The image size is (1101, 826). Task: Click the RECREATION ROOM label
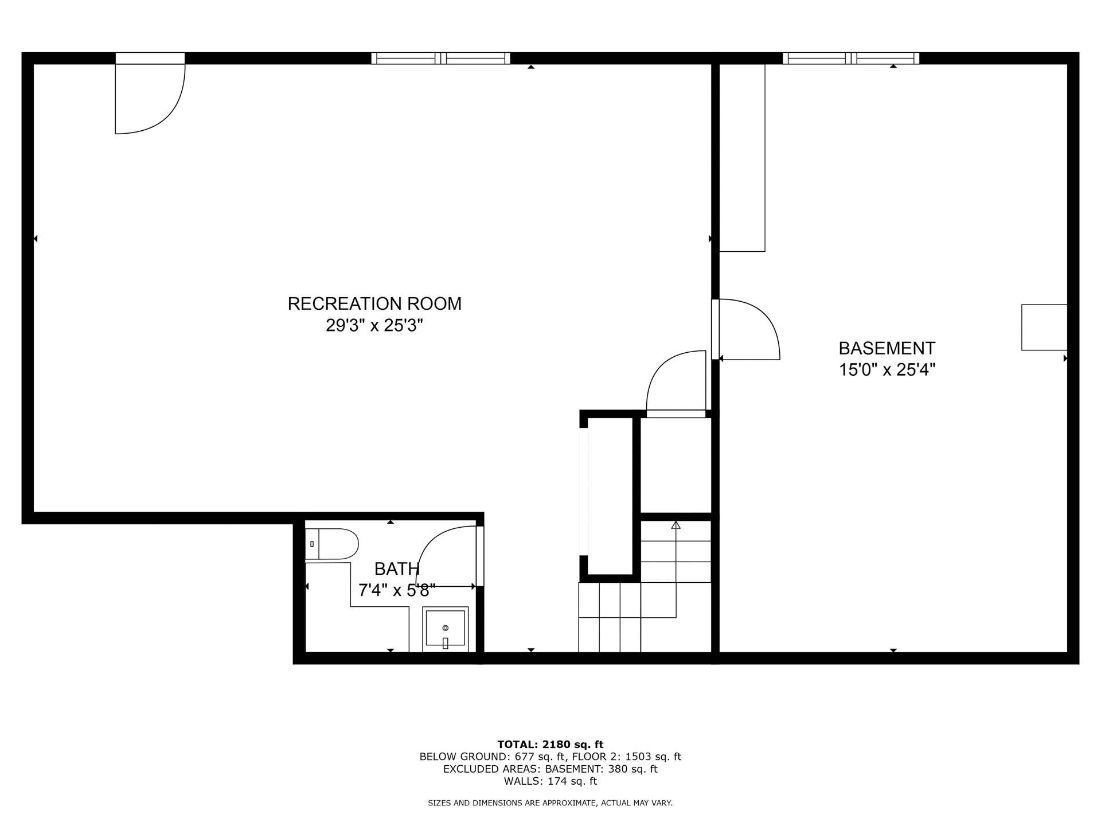pyautogui.click(x=374, y=303)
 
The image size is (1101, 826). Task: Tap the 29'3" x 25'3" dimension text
pyautogui.click(x=374, y=326)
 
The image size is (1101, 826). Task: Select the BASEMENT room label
pyautogui.click(x=887, y=348)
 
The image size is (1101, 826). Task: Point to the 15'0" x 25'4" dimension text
pyautogui.click(x=887, y=370)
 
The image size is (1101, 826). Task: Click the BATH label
pyautogui.click(x=397, y=569)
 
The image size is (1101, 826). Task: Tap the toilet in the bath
pyautogui.click(x=333, y=544)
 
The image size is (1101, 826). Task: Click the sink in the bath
pyautogui.click(x=446, y=629)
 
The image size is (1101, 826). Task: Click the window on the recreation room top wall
pyautogui.click(x=440, y=58)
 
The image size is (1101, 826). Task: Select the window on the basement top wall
pyautogui.click(x=851, y=58)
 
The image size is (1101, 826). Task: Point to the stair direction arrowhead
pyautogui.click(x=676, y=524)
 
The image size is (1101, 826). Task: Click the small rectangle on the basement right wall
pyautogui.click(x=1044, y=327)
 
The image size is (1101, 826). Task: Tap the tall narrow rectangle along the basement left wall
pyautogui.click(x=742, y=158)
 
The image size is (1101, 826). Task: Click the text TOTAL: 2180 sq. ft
pyautogui.click(x=550, y=745)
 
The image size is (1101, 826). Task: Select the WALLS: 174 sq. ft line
pyautogui.click(x=550, y=781)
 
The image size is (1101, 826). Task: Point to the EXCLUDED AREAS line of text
pyautogui.click(x=550, y=769)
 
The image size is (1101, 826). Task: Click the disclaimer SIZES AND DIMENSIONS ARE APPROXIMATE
pyautogui.click(x=550, y=803)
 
